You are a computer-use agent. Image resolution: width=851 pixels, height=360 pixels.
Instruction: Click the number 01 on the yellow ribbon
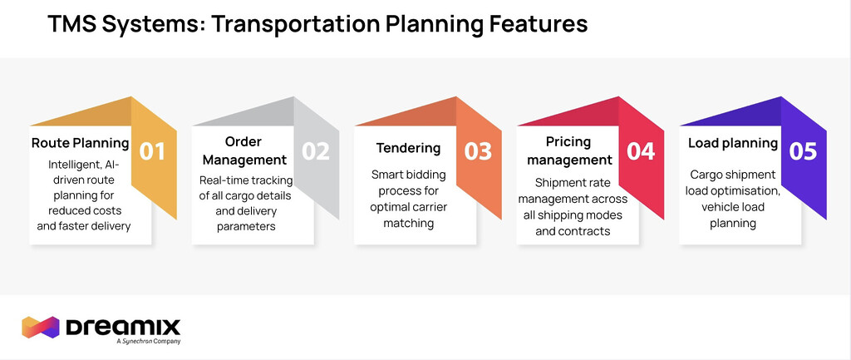[152, 151]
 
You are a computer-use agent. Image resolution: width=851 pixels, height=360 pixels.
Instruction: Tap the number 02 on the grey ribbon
[315, 151]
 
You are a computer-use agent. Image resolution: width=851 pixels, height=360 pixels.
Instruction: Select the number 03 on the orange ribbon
[478, 151]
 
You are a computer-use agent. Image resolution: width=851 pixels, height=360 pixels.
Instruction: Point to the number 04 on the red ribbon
[641, 151]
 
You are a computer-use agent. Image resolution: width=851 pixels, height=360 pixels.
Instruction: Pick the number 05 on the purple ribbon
[803, 151]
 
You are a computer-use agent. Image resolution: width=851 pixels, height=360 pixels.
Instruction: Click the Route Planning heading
[81, 143]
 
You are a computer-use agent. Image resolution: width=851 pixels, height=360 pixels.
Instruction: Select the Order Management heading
[243, 150]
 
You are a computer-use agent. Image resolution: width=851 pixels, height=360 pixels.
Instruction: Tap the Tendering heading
[409, 148]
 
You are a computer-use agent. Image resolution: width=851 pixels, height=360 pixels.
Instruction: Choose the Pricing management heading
[569, 150]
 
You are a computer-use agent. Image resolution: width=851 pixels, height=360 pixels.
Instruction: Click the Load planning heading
[733, 143]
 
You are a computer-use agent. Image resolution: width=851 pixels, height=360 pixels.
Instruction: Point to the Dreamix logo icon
[40, 327]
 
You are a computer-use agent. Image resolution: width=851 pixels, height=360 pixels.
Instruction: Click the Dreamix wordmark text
[123, 327]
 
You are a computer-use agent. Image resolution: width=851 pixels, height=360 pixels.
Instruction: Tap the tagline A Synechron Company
[148, 341]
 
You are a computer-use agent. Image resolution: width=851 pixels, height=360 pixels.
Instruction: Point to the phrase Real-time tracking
[246, 180]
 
